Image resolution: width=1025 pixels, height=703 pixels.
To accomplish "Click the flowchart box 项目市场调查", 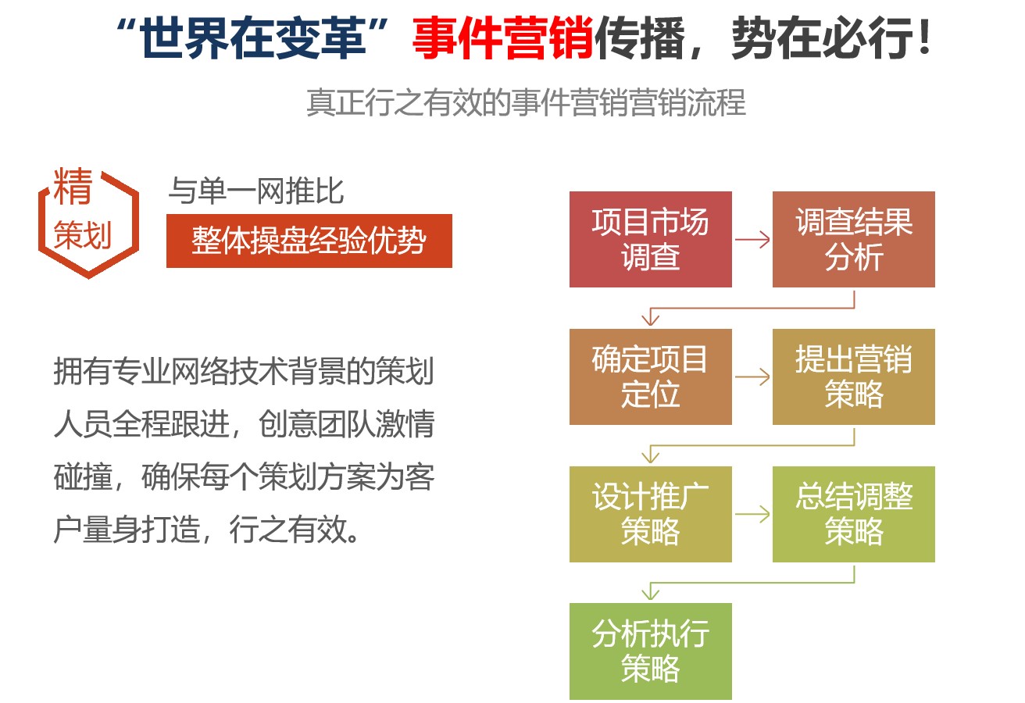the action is [x=650, y=239].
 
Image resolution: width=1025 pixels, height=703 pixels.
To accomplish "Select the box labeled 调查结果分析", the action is [x=853, y=239].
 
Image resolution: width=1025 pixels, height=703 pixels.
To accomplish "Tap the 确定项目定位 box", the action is [x=650, y=376].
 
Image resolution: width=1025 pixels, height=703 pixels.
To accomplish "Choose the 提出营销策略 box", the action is [x=853, y=376].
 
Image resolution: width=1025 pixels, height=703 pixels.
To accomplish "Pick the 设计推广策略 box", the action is [x=650, y=514].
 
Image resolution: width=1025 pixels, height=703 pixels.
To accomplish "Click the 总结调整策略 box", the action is [x=853, y=514].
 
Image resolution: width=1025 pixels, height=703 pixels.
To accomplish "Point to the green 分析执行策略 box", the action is [x=650, y=651].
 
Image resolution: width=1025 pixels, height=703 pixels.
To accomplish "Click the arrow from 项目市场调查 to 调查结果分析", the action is [x=752, y=239].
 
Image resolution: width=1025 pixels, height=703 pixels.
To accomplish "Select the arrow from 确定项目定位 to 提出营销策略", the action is [x=752, y=376].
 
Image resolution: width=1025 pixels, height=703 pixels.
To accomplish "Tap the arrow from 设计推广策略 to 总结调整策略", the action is [x=752, y=514].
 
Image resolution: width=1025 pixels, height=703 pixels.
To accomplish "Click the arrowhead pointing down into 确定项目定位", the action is [x=650, y=319].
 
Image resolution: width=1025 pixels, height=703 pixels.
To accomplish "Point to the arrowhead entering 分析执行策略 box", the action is [x=650, y=593].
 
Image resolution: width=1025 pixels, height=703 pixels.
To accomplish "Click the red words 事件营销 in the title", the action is [x=503, y=37].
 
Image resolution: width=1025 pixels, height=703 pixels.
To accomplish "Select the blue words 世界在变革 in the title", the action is [x=254, y=37].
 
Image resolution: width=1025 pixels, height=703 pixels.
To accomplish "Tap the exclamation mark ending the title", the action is [x=923, y=36].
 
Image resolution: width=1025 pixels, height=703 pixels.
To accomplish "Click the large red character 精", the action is [x=73, y=186].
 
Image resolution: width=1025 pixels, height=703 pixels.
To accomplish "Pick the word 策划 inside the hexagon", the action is [x=82, y=235].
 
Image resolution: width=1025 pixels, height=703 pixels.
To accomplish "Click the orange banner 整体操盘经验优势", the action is [x=309, y=241].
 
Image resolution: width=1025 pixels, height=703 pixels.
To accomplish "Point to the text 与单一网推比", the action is [x=256, y=191].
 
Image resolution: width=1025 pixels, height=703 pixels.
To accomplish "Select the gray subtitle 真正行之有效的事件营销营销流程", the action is [x=527, y=102].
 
